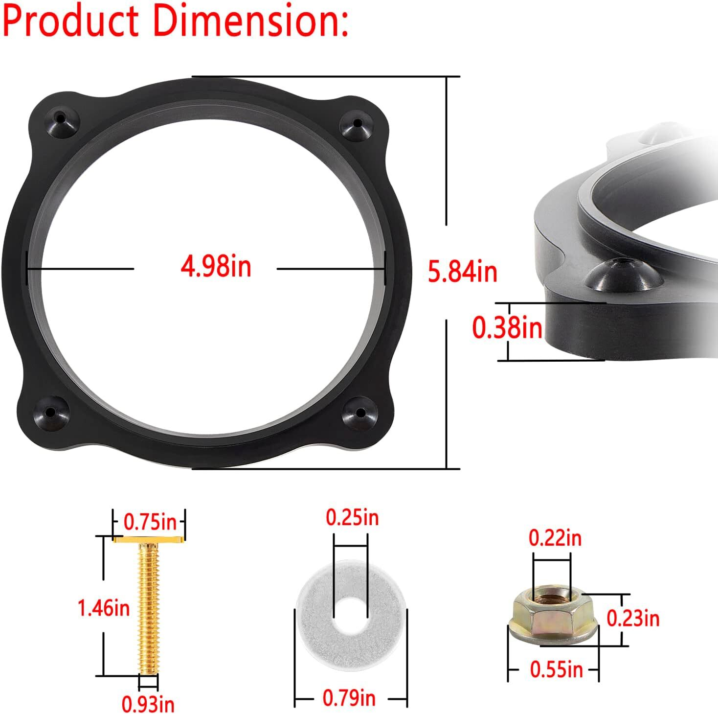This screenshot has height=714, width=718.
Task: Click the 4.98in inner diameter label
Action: pos(216,268)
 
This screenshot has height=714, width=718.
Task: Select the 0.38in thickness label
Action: pos(507,327)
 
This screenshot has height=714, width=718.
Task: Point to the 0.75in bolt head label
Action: pos(150,522)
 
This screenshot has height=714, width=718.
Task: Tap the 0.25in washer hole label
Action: pos(352,517)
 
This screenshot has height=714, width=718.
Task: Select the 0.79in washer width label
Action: pos(349,697)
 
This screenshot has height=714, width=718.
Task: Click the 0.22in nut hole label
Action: pos(555,538)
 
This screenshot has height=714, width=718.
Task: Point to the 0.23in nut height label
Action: pos(633,619)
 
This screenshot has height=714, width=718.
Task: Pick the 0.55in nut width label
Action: pos(557,669)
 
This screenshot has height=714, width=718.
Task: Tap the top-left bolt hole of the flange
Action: pos(61,118)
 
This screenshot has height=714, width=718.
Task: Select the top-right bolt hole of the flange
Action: pos(358,123)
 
